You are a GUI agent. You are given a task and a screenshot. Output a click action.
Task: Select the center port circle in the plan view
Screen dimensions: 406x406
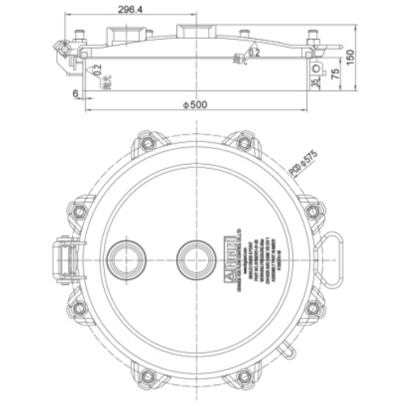tap(192, 257)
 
